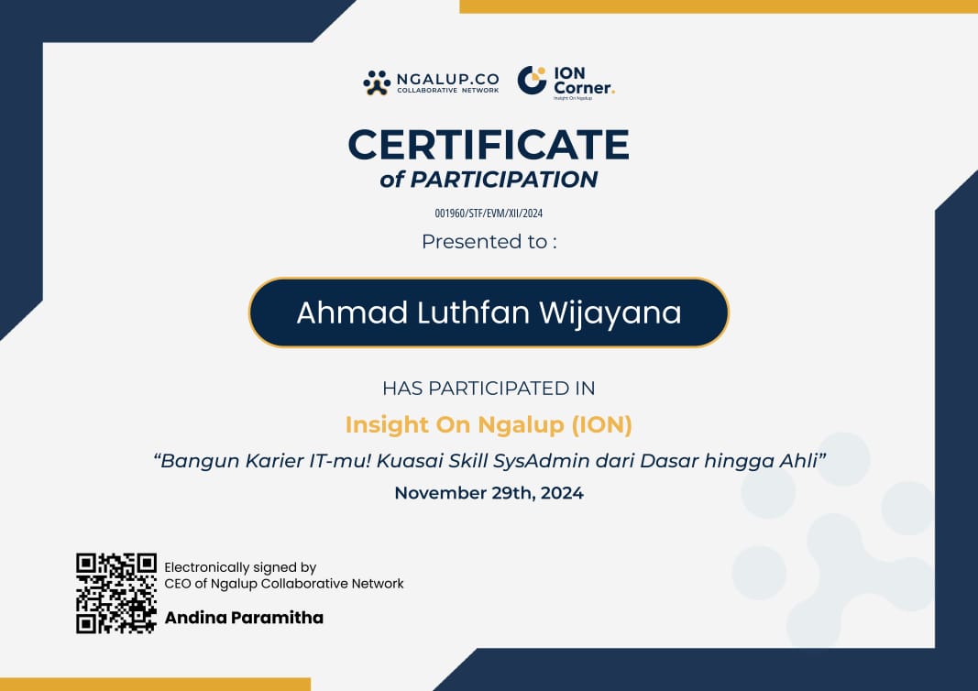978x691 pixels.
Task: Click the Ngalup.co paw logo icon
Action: click(x=377, y=82)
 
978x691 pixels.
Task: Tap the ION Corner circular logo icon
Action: click(x=532, y=81)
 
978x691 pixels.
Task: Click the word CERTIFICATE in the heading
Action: click(x=488, y=145)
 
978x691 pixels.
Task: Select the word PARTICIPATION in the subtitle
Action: click(x=503, y=180)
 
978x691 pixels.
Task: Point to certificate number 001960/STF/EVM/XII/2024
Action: click(x=489, y=214)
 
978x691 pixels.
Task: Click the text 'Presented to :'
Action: click(x=489, y=242)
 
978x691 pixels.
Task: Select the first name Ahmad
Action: click(x=351, y=313)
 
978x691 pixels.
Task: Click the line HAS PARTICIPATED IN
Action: click(x=489, y=388)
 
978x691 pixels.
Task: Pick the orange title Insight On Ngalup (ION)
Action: click(x=489, y=425)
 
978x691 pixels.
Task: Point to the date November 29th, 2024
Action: click(x=489, y=493)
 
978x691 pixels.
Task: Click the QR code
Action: click(x=116, y=593)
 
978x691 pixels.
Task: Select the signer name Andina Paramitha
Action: click(x=244, y=618)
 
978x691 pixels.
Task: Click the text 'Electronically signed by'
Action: click(x=240, y=568)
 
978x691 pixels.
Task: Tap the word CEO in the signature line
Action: click(x=178, y=584)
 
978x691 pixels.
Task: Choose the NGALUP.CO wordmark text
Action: click(x=447, y=80)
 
